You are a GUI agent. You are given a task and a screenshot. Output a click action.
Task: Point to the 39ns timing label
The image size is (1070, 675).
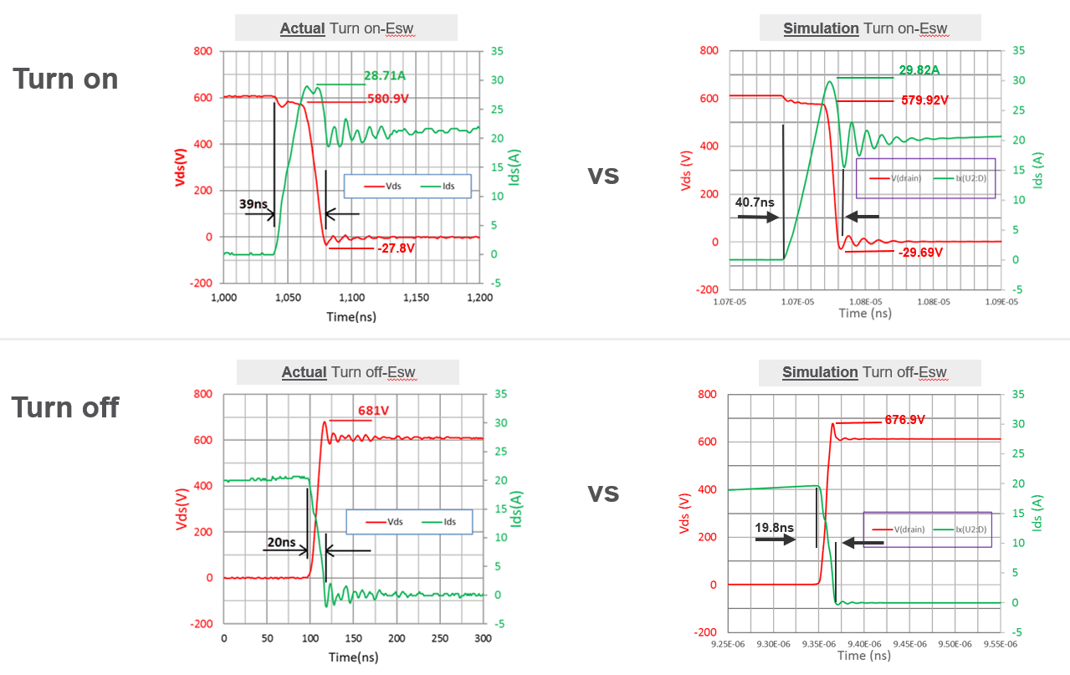(253, 204)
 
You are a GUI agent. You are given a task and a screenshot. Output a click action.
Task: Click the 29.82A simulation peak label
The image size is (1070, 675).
(919, 70)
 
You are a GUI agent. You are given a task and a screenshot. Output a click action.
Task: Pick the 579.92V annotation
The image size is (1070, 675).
(924, 100)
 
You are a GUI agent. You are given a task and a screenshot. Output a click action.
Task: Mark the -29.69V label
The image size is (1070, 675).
(919, 252)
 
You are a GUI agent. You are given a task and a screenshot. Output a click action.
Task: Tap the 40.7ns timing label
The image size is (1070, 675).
(755, 202)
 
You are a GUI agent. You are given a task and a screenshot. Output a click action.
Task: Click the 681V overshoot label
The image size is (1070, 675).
(373, 412)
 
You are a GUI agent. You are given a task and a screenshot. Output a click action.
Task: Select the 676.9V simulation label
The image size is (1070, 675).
(904, 420)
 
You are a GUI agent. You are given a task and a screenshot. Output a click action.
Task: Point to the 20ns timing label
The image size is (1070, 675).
(281, 542)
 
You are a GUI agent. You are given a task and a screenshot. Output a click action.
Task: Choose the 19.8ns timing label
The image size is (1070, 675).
(775, 528)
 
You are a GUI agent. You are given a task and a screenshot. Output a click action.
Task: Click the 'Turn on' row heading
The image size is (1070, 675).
(65, 79)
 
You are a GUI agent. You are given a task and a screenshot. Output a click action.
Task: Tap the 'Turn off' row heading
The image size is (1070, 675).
(65, 407)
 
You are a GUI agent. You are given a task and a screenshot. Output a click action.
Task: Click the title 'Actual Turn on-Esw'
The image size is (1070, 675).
(346, 28)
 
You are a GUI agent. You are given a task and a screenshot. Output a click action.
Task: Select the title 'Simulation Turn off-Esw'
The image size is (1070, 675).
(864, 372)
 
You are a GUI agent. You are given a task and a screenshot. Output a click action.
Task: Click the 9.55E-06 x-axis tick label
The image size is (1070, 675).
(1001, 644)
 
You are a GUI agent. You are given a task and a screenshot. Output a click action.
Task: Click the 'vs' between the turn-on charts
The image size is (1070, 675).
(603, 175)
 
